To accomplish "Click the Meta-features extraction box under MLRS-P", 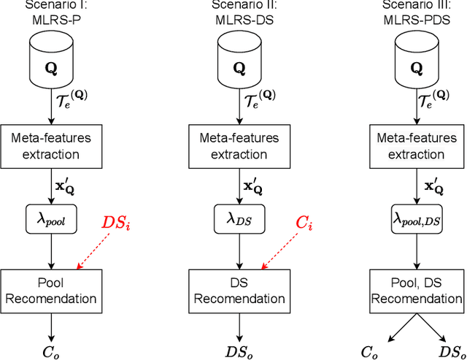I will point(51,143).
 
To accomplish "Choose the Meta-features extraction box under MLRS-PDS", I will point(417,143).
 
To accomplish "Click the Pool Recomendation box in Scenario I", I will point(51,289).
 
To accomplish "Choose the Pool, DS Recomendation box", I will point(417,289).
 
